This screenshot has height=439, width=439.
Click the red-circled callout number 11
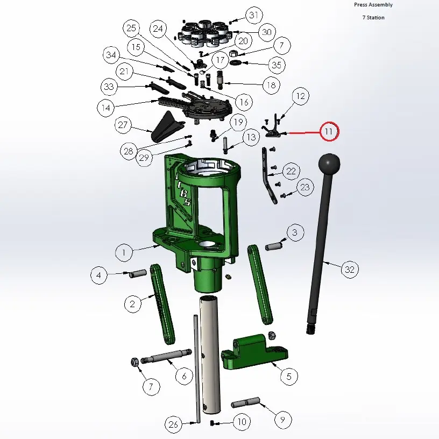tap(329, 131)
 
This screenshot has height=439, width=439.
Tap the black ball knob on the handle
tap(329, 164)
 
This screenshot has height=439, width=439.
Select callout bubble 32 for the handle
tap(350, 270)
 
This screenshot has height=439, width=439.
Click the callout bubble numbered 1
tap(124, 252)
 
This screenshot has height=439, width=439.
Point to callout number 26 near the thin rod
tap(173, 424)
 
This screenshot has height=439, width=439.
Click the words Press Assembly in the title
tap(373, 5)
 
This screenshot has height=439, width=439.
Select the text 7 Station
tap(373, 17)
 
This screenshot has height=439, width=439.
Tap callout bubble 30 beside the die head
tap(267, 32)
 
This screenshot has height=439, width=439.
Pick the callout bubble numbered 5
tap(289, 376)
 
